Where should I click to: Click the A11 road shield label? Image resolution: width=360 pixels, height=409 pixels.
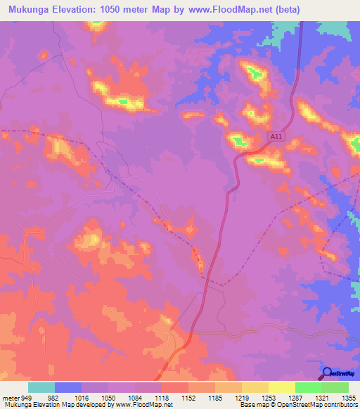[276, 138]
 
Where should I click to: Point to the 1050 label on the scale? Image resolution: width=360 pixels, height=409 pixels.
[108, 397]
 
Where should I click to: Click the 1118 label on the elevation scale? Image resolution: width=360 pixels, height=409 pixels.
[161, 397]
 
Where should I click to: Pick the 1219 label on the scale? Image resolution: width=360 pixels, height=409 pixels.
[241, 397]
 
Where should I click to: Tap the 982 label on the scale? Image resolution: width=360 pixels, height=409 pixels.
[54, 397]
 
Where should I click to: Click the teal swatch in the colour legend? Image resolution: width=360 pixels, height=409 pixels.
[41, 387]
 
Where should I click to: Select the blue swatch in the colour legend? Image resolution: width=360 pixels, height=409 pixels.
[68, 387]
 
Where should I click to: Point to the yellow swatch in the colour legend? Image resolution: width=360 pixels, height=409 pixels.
[281, 387]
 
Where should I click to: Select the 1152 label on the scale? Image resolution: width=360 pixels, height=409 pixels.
[188, 397]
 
